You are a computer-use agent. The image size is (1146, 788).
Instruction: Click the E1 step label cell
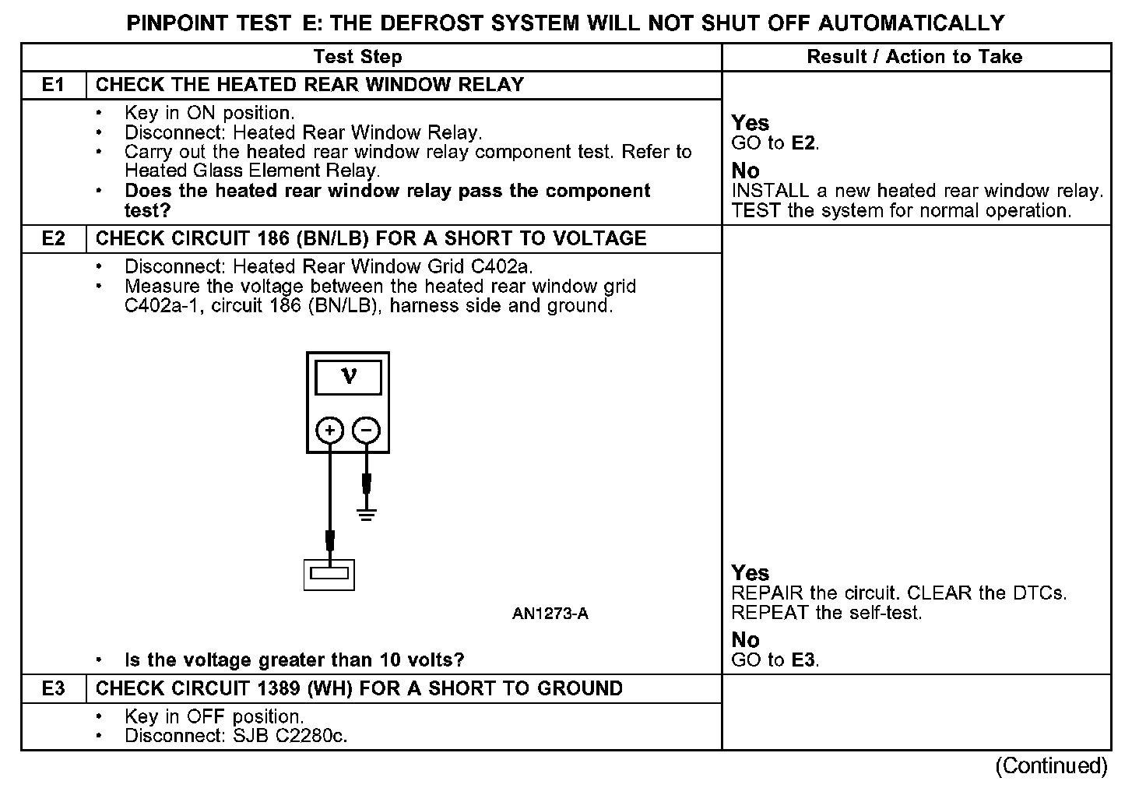pyautogui.click(x=53, y=85)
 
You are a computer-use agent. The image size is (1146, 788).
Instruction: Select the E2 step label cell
pyautogui.click(x=53, y=238)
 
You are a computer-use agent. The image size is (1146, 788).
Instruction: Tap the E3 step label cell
pyautogui.click(x=53, y=688)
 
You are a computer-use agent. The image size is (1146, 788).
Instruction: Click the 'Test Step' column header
pyautogui.click(x=357, y=57)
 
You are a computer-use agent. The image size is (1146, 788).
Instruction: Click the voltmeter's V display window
pyautogui.click(x=348, y=378)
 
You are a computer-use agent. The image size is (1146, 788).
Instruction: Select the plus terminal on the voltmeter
pyautogui.click(x=330, y=430)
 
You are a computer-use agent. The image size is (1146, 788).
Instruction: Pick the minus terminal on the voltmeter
pyautogui.click(x=367, y=430)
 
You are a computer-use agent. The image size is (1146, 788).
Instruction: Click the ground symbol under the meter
pyautogui.click(x=367, y=514)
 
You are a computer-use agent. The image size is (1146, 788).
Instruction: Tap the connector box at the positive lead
pyautogui.click(x=329, y=575)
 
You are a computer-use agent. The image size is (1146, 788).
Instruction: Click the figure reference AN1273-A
pyautogui.click(x=550, y=614)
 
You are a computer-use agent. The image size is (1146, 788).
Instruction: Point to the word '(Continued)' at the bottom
pyautogui.click(x=1050, y=766)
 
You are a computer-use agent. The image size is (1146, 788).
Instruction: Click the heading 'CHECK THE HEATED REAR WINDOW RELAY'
pyautogui.click(x=310, y=85)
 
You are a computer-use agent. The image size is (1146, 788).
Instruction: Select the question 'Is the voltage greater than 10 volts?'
pyautogui.click(x=294, y=660)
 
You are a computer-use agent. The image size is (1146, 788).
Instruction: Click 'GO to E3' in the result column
pyautogui.click(x=775, y=660)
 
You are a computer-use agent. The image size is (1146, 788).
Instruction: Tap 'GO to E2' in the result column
pyautogui.click(x=775, y=143)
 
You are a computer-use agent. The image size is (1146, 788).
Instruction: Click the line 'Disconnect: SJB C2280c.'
pyautogui.click(x=236, y=736)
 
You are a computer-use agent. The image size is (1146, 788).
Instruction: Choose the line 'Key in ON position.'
pyautogui.click(x=209, y=113)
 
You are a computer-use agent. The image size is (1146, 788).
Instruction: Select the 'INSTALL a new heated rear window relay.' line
pyautogui.click(x=917, y=191)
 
